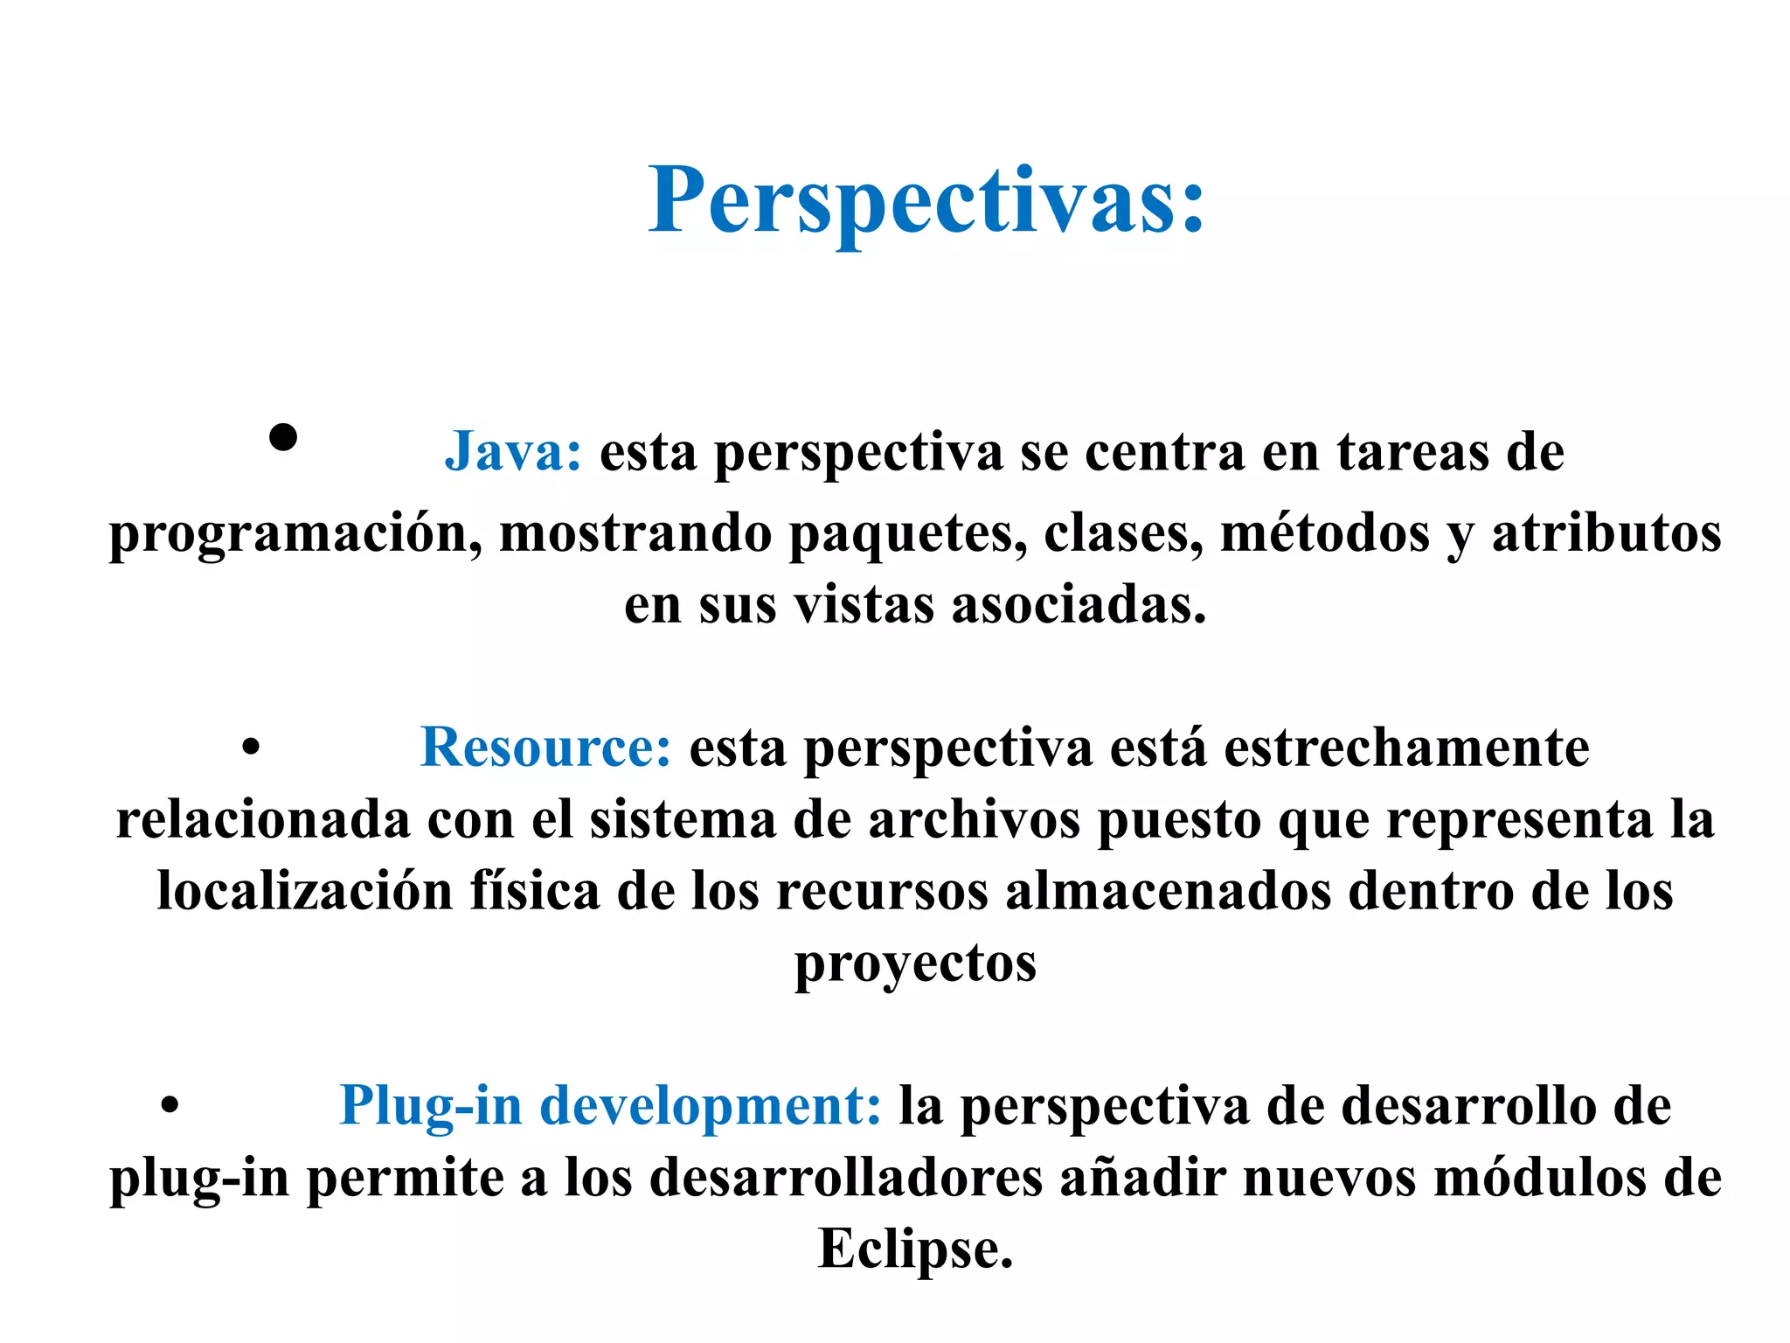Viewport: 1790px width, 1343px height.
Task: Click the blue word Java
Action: click(x=512, y=453)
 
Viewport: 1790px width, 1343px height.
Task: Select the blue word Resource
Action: click(x=545, y=748)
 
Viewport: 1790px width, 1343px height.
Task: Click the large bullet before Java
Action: click(x=283, y=436)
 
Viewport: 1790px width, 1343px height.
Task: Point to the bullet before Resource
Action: click(x=251, y=748)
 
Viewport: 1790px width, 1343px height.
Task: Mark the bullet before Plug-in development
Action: click(x=170, y=1105)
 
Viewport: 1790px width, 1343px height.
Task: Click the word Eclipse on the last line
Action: click(x=914, y=1249)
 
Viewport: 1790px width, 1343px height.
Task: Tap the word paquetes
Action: click(x=907, y=533)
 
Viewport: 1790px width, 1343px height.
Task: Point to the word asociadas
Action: click(x=1079, y=605)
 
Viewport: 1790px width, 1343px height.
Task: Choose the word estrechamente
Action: click(x=1405, y=748)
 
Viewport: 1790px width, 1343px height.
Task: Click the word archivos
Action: click(x=974, y=820)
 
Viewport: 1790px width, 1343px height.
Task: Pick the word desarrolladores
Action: click(x=845, y=1177)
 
